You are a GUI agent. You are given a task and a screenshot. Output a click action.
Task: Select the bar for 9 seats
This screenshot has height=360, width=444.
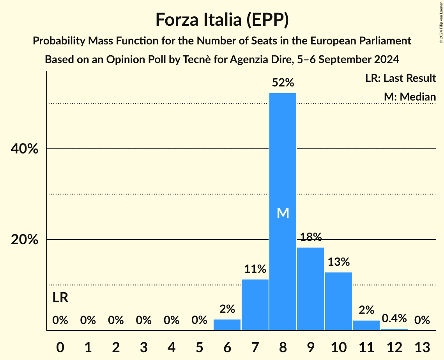310,289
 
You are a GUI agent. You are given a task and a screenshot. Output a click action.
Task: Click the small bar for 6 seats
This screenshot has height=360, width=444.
227,325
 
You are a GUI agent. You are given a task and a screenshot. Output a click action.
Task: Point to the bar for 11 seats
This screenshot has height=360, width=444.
366,325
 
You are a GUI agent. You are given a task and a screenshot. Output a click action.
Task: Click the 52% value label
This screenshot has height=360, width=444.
283,83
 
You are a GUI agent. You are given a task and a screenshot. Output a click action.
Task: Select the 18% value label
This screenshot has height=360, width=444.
310,237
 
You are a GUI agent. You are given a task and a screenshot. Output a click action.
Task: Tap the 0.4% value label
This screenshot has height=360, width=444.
394,318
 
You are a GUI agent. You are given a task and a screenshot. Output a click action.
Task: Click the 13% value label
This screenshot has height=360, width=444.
338,262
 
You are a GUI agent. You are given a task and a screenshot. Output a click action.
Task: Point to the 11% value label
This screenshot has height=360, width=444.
255,269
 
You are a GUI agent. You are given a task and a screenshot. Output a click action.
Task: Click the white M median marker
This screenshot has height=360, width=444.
283,213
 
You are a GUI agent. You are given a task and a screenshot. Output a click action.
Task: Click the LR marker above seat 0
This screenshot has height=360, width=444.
60,298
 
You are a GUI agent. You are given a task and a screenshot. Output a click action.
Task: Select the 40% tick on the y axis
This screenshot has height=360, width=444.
25,149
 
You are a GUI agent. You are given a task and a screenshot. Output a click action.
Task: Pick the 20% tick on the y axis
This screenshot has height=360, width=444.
25,240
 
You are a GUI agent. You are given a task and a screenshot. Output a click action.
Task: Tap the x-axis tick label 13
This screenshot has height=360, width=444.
422,347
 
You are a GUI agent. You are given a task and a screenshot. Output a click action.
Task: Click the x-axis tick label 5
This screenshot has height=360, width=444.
199,347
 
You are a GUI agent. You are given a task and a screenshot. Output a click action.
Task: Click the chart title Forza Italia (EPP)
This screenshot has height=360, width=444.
222,19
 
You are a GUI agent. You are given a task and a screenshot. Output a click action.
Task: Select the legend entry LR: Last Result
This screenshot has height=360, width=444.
400,78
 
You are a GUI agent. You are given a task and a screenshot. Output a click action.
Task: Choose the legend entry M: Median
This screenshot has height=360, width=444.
410,97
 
